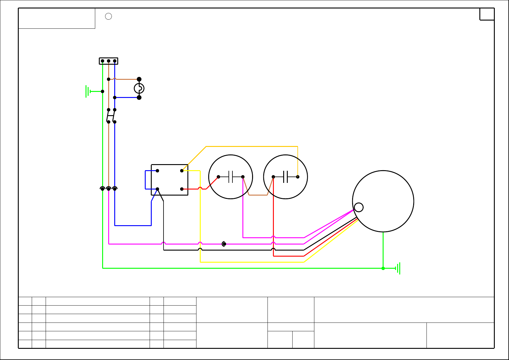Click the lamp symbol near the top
[x=139, y=88]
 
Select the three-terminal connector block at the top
[x=109, y=61]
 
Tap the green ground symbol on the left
[x=88, y=91]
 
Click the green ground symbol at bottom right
[x=399, y=268]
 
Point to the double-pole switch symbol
[x=111, y=116]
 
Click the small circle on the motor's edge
[x=358, y=207]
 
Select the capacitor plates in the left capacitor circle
[x=231, y=177]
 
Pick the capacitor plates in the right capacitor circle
[x=285, y=177]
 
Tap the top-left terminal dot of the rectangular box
[x=157, y=171]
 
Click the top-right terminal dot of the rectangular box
[x=182, y=171]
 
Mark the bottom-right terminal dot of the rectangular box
[x=182, y=189]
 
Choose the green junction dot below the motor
[x=383, y=268]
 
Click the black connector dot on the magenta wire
[x=224, y=244]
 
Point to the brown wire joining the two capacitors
[x=258, y=195]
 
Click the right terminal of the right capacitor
[x=298, y=177]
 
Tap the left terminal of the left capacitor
[x=218, y=177]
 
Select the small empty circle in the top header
[x=109, y=16]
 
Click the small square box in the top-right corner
[x=487, y=14]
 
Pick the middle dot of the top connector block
[x=109, y=61]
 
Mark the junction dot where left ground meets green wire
[x=102, y=91]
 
